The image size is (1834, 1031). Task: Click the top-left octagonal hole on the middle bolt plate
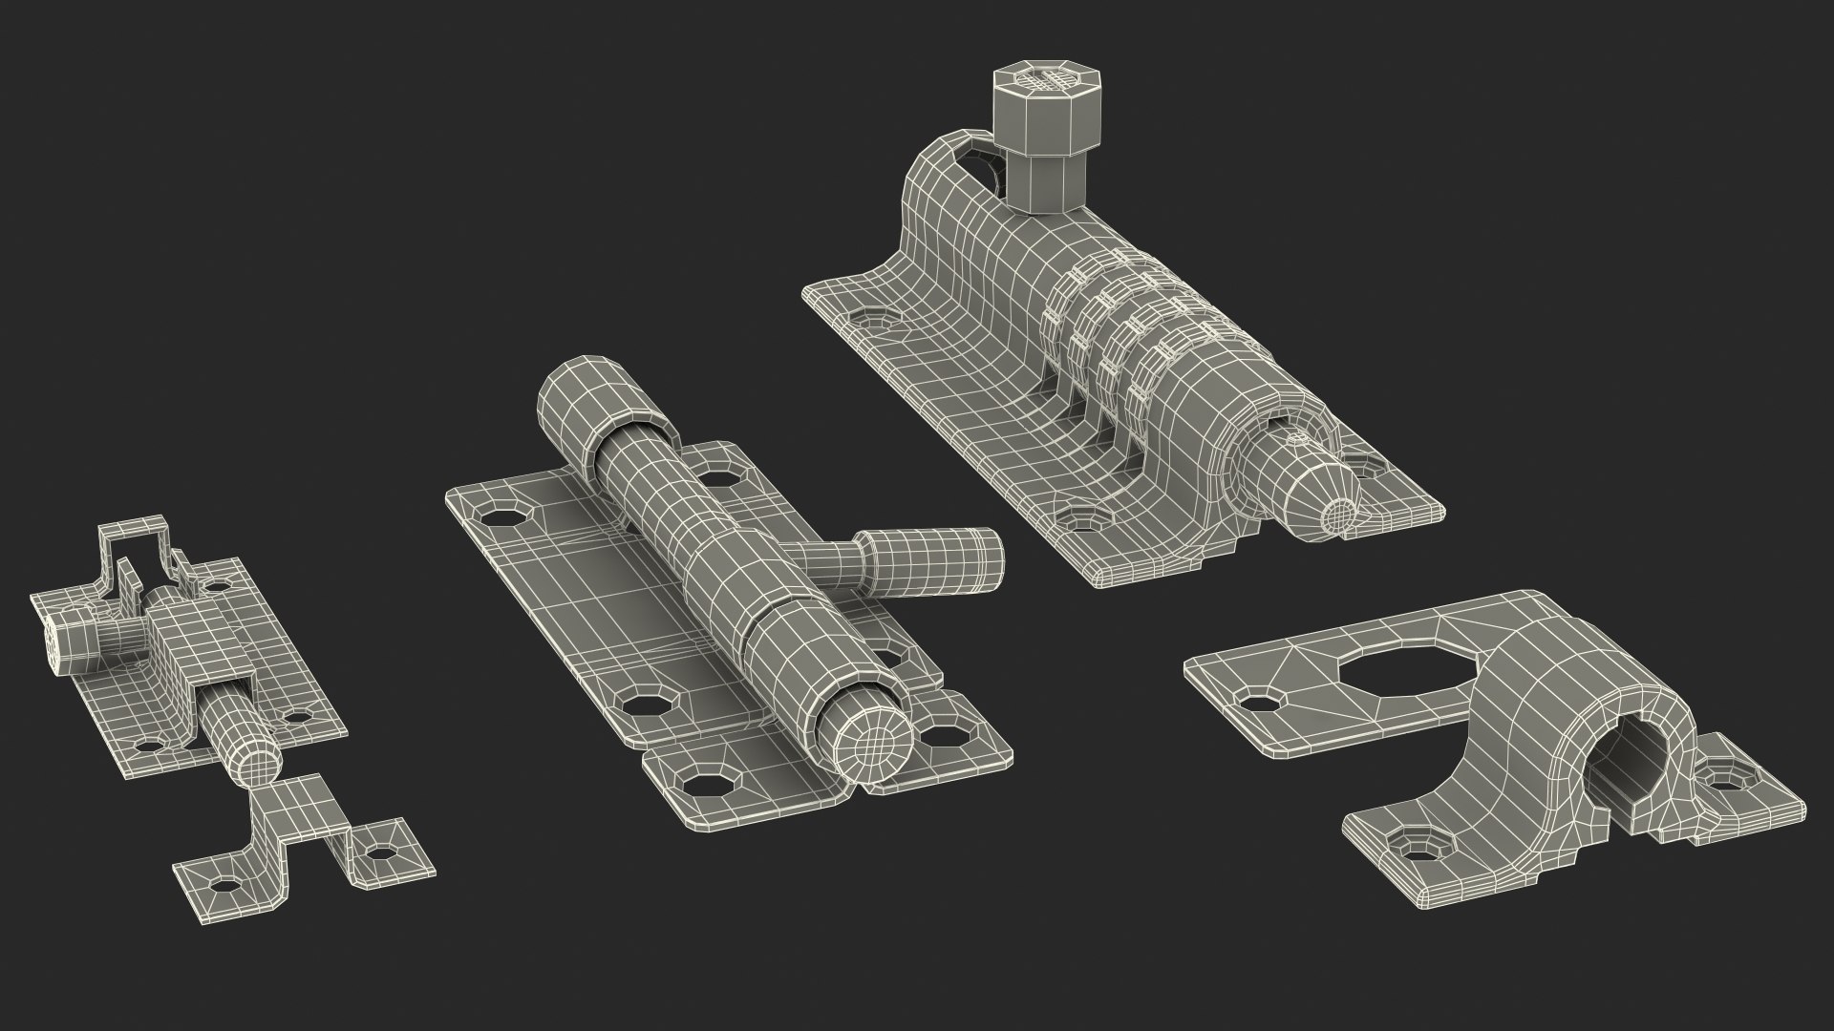pyautogui.click(x=498, y=516)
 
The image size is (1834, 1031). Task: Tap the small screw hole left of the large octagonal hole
pyautogui.click(x=1261, y=703)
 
